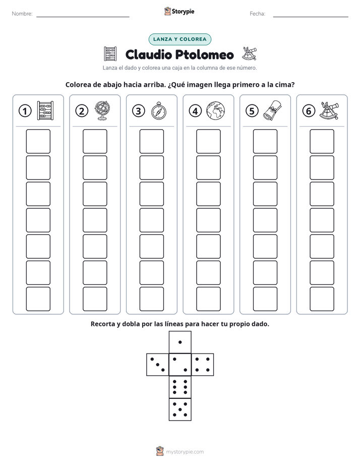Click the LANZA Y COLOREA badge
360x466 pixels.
coord(179,39)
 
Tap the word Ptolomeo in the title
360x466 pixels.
coord(204,54)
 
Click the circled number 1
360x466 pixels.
coord(25,111)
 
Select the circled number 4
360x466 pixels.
coord(195,111)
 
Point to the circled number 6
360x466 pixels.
coord(309,111)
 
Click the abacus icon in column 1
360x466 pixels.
coord(45,110)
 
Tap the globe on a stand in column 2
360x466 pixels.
coord(102,110)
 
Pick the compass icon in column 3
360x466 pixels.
coord(159,111)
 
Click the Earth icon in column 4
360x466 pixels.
coord(216,111)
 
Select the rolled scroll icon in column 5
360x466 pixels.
coord(272,110)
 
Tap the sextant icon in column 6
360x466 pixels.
coord(329,110)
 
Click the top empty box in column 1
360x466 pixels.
coord(38,141)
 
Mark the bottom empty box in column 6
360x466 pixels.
coord(322,299)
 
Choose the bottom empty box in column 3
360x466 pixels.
coord(152,299)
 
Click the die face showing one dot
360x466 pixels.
coord(180,342)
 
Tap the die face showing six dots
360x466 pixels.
coord(180,387)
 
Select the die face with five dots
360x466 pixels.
coord(180,410)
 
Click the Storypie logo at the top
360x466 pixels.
coord(179,12)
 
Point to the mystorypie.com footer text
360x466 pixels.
coord(185,452)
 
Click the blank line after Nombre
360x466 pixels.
coord(83,17)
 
